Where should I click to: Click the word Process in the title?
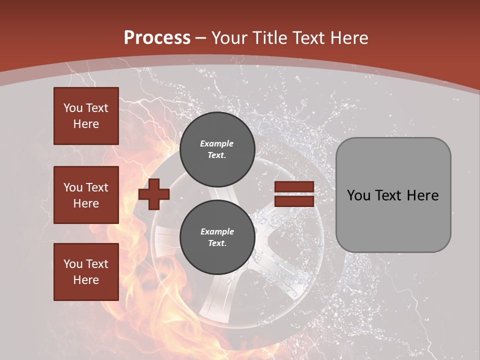(157, 37)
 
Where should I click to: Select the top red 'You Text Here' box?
(86, 116)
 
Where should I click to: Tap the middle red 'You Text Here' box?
(86, 195)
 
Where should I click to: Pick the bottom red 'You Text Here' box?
(86, 272)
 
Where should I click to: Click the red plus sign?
(154, 194)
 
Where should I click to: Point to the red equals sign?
(294, 194)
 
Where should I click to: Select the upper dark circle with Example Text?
(217, 149)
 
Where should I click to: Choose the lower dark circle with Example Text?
(217, 237)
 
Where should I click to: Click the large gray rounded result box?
(393, 195)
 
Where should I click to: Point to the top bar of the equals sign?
(294, 187)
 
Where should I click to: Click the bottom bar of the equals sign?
(294, 201)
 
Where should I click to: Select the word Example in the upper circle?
(217, 143)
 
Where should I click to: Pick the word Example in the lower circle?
(217, 231)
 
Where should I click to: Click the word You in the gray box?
(358, 195)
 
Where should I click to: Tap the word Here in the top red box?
(86, 124)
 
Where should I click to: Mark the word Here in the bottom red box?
(86, 280)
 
